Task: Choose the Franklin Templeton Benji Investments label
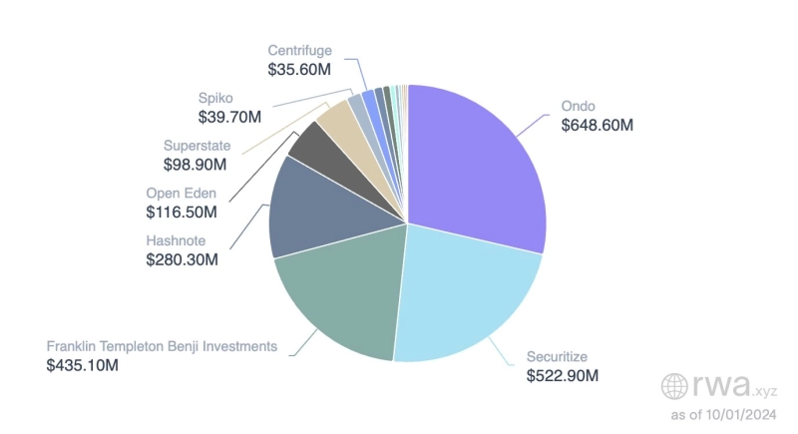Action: [162, 346]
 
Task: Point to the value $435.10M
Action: [83, 365]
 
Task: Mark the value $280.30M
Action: [182, 259]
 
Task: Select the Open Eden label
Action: [182, 193]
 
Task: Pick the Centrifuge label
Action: [299, 51]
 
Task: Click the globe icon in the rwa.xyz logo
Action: [676, 386]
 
